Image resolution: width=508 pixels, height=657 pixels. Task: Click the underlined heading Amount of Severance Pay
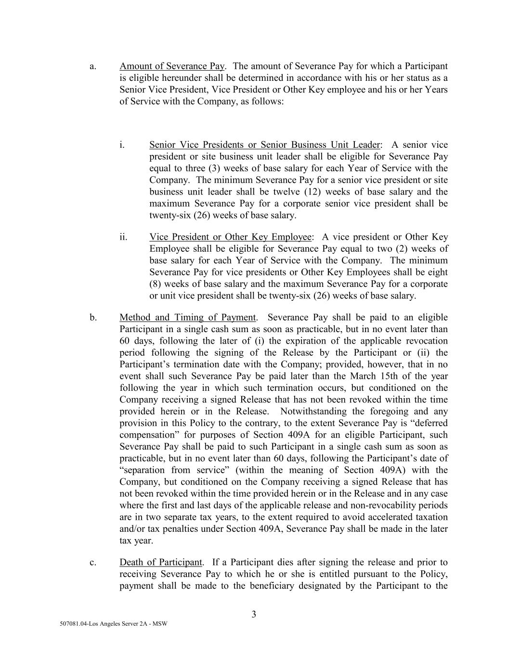coord(172,66)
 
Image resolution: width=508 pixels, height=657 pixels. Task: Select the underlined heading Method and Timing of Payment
coord(188,317)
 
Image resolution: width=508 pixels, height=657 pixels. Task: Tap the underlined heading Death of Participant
coord(161,562)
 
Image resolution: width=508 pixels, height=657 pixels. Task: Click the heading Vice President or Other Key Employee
coord(230,237)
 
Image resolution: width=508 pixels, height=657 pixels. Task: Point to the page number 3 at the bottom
coord(254,614)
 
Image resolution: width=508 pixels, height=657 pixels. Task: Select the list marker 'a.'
coord(93,66)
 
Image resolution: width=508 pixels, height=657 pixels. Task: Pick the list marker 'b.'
coord(93,317)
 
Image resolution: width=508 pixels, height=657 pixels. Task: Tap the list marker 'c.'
coord(93,562)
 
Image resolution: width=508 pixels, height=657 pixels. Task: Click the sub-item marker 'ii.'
coord(124,237)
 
